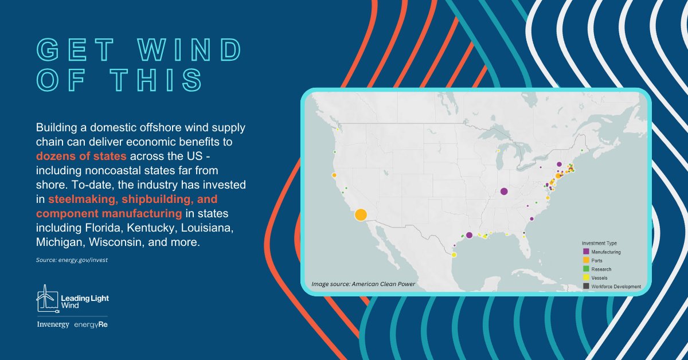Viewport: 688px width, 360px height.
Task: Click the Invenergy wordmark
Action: (53, 325)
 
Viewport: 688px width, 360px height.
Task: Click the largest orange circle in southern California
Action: (361, 215)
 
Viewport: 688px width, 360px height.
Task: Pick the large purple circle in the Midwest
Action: (504, 191)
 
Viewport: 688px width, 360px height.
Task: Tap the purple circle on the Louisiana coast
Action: (469, 235)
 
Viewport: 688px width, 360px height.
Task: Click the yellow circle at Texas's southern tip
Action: (454, 255)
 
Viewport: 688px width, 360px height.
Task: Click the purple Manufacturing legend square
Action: (585, 252)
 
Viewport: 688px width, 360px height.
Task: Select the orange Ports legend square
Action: (585, 260)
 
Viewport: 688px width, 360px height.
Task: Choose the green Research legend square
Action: (585, 269)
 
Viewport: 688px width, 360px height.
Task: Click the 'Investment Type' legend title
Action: (599, 243)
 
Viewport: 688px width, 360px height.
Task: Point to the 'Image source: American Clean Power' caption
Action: (363, 284)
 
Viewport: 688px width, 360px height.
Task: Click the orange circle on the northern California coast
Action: (334, 175)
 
